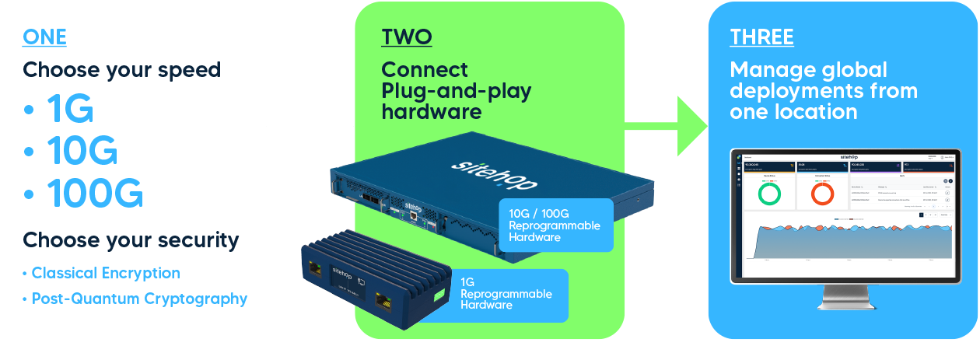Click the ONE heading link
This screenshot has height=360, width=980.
[x=44, y=37]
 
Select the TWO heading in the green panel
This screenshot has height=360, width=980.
[x=406, y=37]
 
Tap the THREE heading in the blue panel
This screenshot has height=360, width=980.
[x=761, y=37]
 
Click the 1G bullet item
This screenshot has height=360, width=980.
[x=69, y=110]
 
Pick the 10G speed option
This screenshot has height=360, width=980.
[x=82, y=150]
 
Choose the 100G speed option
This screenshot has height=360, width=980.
[x=94, y=192]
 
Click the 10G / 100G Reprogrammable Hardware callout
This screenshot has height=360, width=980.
[x=555, y=225]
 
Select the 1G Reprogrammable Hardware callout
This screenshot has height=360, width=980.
[x=509, y=294]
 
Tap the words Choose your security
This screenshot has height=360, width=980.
[x=131, y=239]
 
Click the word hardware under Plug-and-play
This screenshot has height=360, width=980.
[x=431, y=112]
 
